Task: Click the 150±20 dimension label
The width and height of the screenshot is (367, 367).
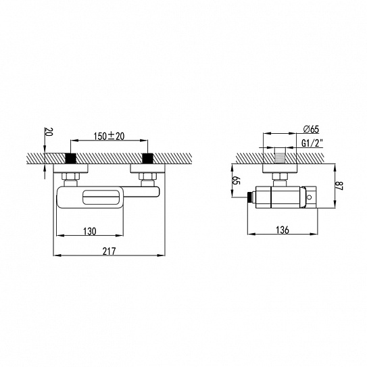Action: pyautogui.click(x=109, y=136)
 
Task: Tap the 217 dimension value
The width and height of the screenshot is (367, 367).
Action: pyautogui.click(x=109, y=251)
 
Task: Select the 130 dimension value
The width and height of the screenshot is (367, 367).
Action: pyautogui.click(x=90, y=231)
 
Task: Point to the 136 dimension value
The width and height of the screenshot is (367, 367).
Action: pyautogui.click(x=283, y=230)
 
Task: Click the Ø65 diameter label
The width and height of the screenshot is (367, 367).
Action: pyautogui.click(x=311, y=129)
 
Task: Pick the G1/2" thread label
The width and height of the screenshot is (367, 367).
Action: pyautogui.click(x=312, y=143)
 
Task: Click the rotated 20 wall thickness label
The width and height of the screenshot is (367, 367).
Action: pyautogui.click(x=49, y=132)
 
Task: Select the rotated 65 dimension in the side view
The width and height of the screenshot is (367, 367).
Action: pyautogui.click(x=237, y=180)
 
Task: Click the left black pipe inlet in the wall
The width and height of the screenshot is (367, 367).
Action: pyautogui.click(x=71, y=158)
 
